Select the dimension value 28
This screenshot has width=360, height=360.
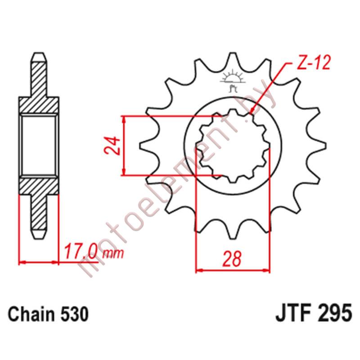233,259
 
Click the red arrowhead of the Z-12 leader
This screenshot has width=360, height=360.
253,110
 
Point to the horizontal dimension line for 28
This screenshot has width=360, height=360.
233,271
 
